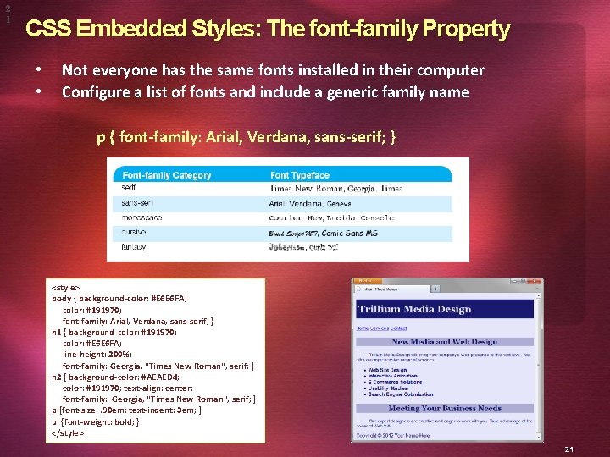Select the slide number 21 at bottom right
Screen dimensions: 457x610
tap(568, 449)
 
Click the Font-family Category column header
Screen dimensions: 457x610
tap(167, 175)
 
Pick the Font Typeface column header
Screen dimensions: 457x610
tap(299, 175)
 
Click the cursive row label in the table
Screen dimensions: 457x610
tap(134, 232)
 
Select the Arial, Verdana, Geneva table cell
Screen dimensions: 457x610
tap(310, 203)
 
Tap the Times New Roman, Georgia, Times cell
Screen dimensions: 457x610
tap(336, 189)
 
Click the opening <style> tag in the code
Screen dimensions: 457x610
tap(66, 288)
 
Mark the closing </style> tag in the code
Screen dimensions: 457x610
tap(68, 432)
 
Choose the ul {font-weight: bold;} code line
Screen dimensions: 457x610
tap(96, 421)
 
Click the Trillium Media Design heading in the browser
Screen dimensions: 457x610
tap(414, 309)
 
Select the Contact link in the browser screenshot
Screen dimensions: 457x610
tap(398, 328)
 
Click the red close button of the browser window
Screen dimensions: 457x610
tap(537, 281)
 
